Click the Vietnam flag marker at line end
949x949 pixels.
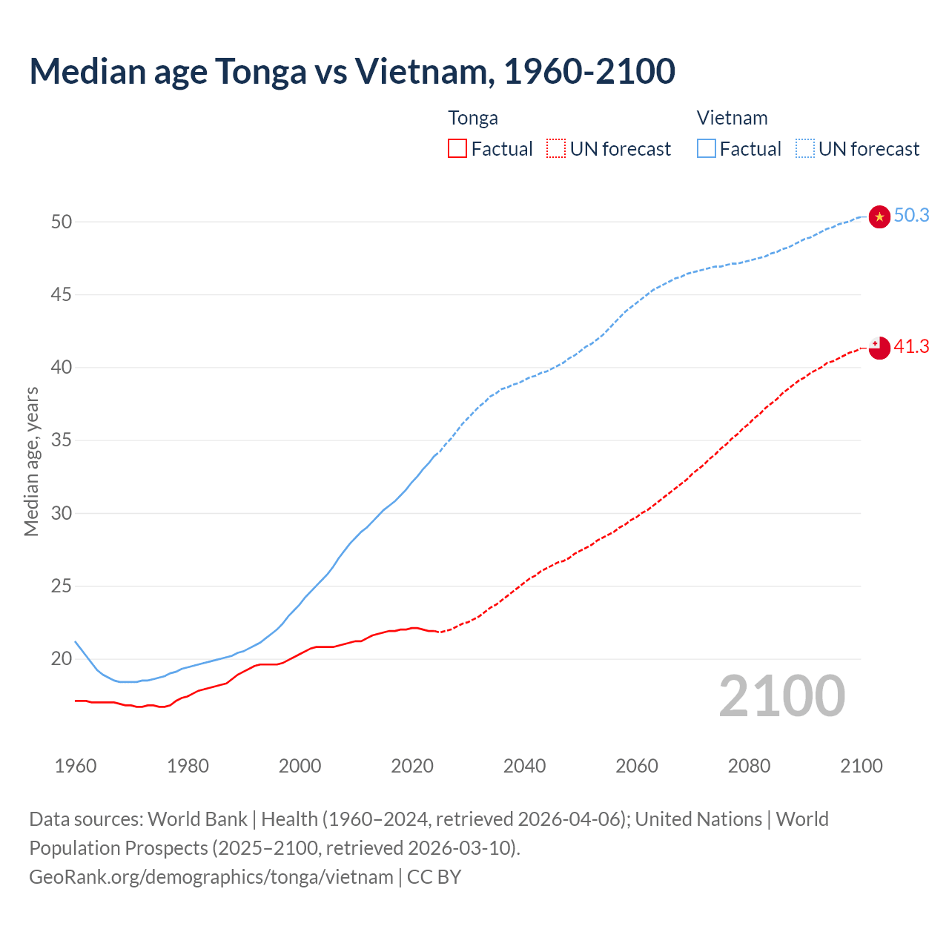pyautogui.click(x=879, y=216)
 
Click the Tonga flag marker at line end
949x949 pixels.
pyautogui.click(x=879, y=347)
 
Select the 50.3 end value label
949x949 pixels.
pyautogui.click(x=911, y=216)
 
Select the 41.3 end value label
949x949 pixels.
pyautogui.click(x=911, y=346)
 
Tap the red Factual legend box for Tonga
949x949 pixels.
pyautogui.click(x=457, y=148)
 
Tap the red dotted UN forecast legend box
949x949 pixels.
pyautogui.click(x=556, y=148)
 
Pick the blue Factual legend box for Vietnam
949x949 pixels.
pyautogui.click(x=707, y=148)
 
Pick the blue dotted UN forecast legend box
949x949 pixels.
pyautogui.click(x=805, y=148)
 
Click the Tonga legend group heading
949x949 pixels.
pyautogui.click(x=473, y=118)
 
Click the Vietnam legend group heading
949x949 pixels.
pyautogui.click(x=732, y=118)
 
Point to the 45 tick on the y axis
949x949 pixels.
pyautogui.click(x=62, y=295)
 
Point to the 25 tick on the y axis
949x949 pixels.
pyautogui.click(x=62, y=586)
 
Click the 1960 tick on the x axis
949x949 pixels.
pyautogui.click(x=76, y=766)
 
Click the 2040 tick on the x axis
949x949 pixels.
pyautogui.click(x=524, y=766)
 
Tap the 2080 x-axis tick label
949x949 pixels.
pyautogui.click(x=749, y=766)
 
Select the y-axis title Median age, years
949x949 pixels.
pyautogui.click(x=31, y=461)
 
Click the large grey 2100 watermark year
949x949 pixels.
pyautogui.click(x=781, y=695)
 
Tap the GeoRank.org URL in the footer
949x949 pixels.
pyautogui.click(x=211, y=877)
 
